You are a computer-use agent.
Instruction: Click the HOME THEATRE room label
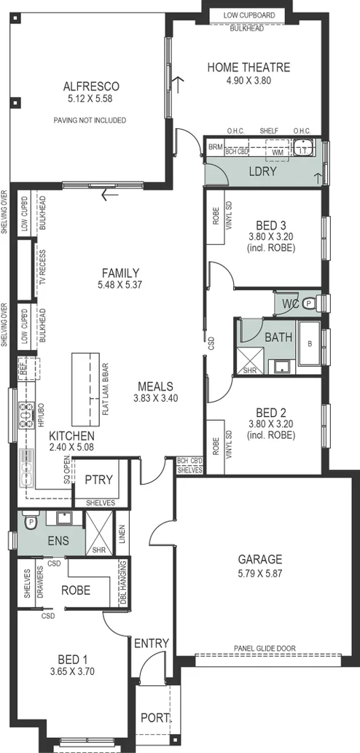[249, 68]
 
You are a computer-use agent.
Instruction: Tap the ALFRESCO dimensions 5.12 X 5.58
[91, 100]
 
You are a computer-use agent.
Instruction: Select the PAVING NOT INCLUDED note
[90, 120]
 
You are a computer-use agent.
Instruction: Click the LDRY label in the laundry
[260, 171]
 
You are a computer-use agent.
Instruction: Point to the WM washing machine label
[278, 152]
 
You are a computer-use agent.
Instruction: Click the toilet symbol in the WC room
[308, 302]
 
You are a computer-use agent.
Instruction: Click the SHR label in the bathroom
[249, 370]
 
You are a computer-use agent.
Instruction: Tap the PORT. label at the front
[155, 718]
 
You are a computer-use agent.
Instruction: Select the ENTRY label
[152, 644]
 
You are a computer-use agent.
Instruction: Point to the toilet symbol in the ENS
[28, 523]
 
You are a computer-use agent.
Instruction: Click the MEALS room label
[155, 386]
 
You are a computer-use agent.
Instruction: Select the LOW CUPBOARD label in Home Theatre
[249, 15]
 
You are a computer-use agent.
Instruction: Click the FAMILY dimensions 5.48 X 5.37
[121, 285]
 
